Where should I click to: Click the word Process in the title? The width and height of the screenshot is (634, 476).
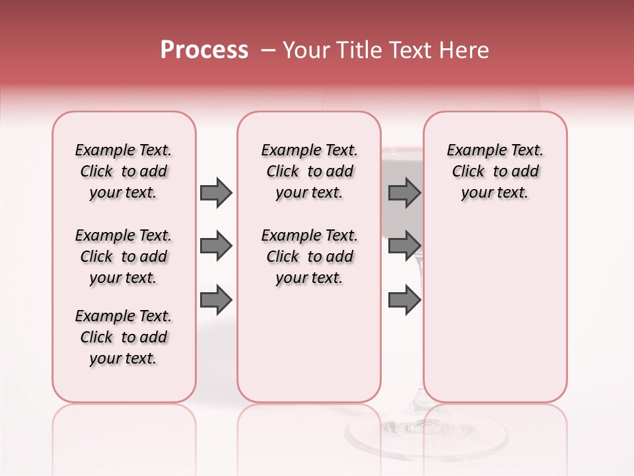coord(204,50)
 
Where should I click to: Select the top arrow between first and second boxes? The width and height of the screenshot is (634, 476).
coord(216,192)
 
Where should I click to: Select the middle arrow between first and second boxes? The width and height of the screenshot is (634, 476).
coord(216,247)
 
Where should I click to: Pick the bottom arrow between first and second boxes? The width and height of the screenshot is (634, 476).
coord(216,300)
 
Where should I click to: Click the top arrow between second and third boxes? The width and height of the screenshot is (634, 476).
coord(404,192)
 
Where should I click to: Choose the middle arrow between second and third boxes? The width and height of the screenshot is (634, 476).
coord(404,247)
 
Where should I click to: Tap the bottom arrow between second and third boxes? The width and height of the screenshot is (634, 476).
coord(404,300)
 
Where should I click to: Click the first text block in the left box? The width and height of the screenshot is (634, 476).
coord(123,171)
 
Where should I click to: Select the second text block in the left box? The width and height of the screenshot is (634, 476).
coord(123,257)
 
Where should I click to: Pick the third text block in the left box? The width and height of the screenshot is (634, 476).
coord(123,337)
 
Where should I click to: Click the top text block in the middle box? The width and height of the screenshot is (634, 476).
coord(309,171)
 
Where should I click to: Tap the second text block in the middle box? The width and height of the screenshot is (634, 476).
coord(309,257)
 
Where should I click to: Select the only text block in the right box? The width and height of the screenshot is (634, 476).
coord(495,171)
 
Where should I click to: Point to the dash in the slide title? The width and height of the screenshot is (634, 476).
coord(268,50)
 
